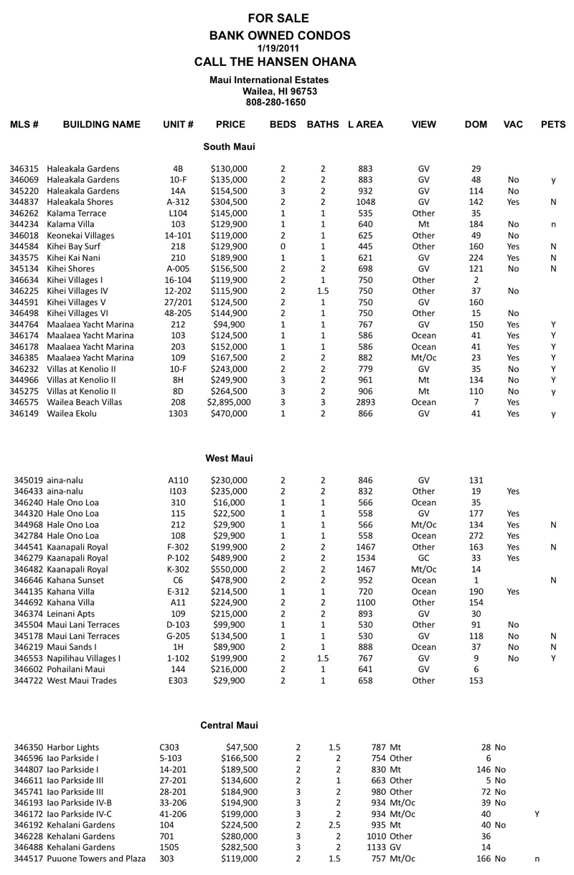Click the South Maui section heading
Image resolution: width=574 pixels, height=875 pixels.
click(x=229, y=147)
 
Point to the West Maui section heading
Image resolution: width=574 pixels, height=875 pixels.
click(x=229, y=458)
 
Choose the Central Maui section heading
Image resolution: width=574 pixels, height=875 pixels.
click(x=229, y=726)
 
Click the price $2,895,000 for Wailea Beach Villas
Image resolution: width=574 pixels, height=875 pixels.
click(x=230, y=403)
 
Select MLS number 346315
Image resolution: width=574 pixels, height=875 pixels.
click(x=24, y=168)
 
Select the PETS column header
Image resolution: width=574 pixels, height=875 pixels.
click(x=554, y=125)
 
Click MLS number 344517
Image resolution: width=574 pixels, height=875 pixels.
click(x=29, y=859)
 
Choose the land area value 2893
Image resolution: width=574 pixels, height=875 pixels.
click(x=365, y=403)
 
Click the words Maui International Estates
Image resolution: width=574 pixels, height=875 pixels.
click(x=269, y=80)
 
